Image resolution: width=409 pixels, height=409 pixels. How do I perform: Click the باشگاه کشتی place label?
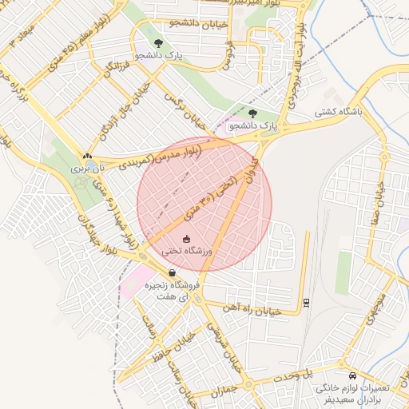point(340,113)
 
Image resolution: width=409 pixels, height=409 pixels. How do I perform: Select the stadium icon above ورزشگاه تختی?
point(188,239)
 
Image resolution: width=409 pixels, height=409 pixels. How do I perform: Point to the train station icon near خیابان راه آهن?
point(307,302)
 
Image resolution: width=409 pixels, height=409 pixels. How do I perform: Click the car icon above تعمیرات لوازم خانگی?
point(352,375)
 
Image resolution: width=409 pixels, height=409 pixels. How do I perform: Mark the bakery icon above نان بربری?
point(87,156)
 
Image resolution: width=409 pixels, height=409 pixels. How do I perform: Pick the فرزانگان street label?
point(117,71)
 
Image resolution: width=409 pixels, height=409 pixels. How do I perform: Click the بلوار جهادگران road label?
point(93,232)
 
